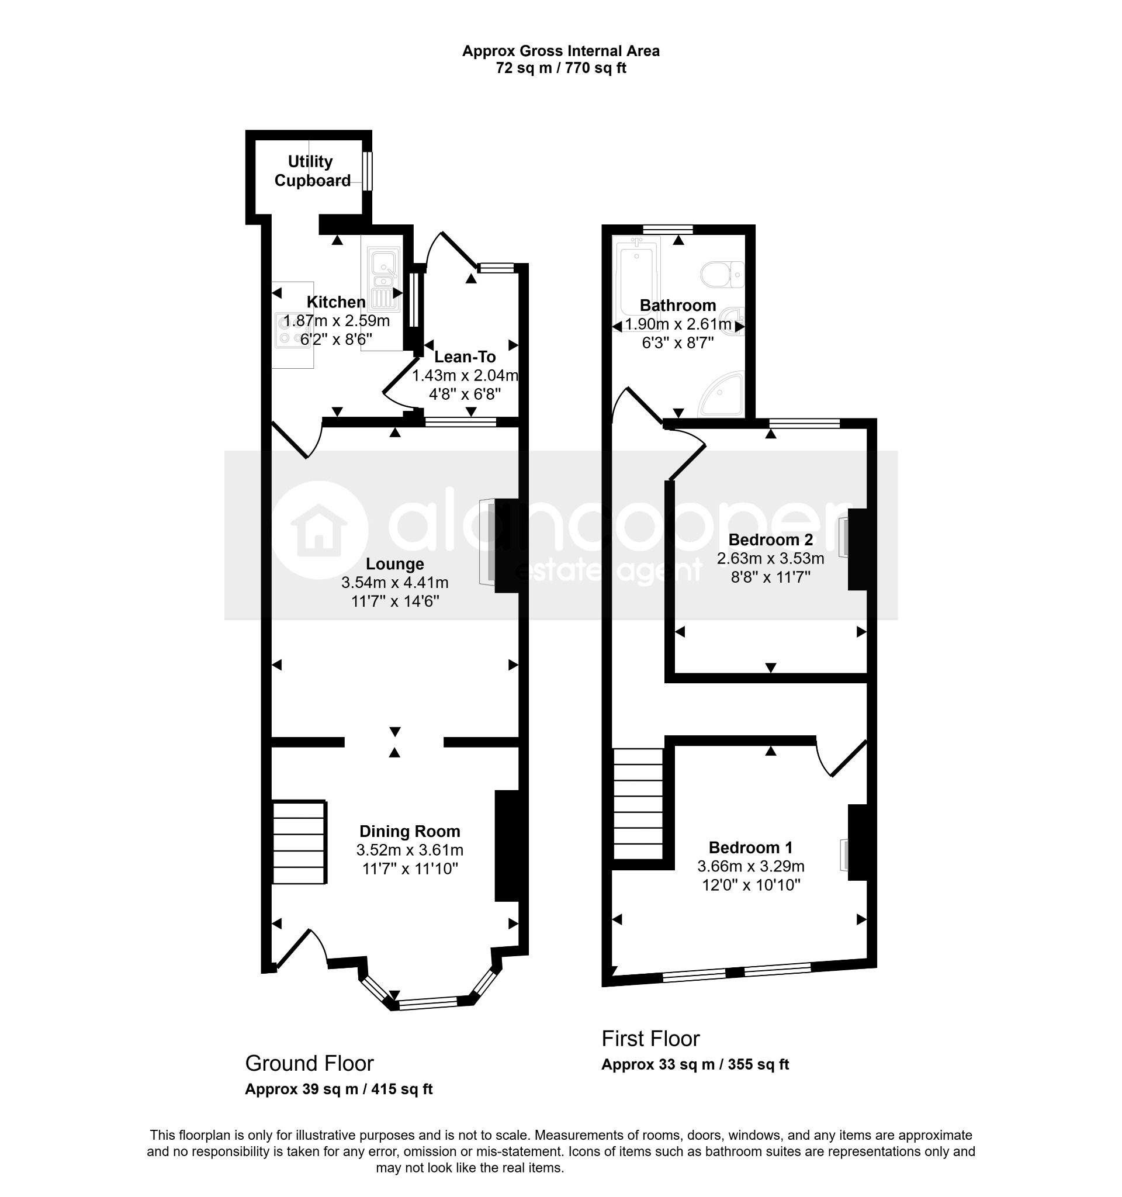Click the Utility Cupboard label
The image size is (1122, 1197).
(312, 171)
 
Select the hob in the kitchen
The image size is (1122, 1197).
(293, 331)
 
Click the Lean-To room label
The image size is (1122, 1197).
(465, 357)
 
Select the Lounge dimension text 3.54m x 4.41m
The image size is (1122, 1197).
(395, 583)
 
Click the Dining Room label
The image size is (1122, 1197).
(410, 832)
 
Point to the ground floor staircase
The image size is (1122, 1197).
(299, 842)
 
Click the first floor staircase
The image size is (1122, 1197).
(638, 804)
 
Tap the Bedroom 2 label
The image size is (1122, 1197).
(770, 539)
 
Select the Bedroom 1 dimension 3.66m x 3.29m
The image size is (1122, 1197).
(750, 866)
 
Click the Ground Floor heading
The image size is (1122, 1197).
(309, 1064)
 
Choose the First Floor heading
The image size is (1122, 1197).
(650, 1039)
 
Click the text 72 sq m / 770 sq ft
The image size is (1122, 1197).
(561, 68)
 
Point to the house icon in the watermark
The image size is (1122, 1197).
(319, 530)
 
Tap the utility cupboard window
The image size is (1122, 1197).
(367, 171)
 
